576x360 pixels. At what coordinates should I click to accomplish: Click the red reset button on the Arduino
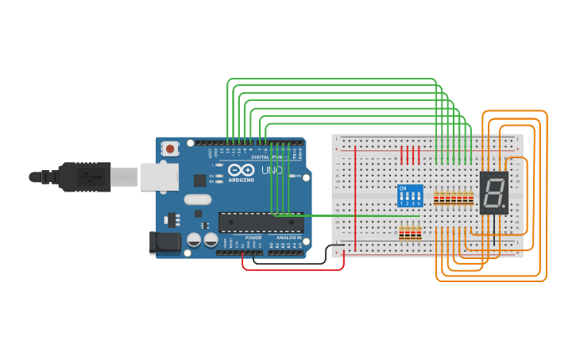[170, 148]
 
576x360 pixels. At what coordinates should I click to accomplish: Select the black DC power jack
[165, 243]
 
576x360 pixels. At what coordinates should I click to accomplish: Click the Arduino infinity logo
[240, 170]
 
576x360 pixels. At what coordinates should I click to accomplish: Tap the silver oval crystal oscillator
[199, 200]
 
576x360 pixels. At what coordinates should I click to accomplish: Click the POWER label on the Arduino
[253, 238]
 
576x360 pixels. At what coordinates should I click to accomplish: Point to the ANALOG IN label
[288, 238]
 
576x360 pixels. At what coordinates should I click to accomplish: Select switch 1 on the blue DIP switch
[402, 196]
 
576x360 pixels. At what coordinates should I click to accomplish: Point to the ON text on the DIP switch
[403, 188]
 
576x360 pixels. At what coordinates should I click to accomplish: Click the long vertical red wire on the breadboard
[355, 199]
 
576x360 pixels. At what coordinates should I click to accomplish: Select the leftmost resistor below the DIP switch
[401, 233]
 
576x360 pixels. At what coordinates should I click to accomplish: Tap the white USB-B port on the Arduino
[159, 176]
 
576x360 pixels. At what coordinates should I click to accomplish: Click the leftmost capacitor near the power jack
[194, 239]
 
